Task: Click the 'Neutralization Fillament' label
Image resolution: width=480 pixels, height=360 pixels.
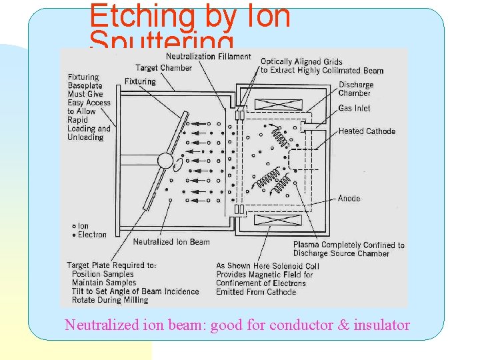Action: tap(209, 57)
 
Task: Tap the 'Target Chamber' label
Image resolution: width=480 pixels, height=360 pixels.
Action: tap(163, 67)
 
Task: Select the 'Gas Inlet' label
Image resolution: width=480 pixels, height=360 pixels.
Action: tap(354, 109)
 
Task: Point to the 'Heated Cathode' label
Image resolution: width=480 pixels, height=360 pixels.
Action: tap(367, 131)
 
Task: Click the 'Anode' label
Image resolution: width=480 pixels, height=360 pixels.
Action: tap(349, 199)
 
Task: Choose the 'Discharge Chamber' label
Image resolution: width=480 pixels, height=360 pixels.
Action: tap(356, 89)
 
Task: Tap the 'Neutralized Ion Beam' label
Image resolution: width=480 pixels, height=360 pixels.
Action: tap(171, 242)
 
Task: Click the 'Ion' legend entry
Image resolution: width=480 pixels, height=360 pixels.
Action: tap(81, 226)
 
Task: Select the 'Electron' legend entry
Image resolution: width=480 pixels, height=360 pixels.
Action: tap(89, 235)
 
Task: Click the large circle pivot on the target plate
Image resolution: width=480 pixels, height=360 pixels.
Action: tap(165, 161)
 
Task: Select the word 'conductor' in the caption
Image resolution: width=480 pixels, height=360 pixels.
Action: tap(300, 325)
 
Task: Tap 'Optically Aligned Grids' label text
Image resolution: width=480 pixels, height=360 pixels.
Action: tap(301, 62)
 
